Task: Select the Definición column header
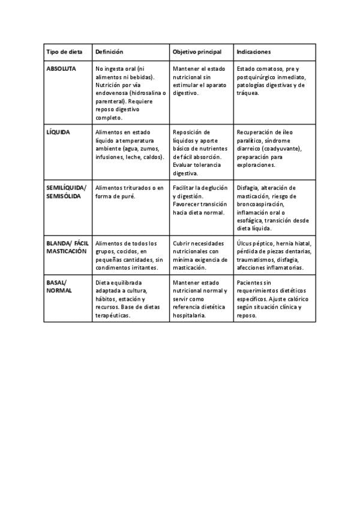[109, 52]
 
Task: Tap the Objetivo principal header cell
[197, 52]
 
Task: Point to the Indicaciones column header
[254, 52]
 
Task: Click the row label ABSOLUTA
[61, 69]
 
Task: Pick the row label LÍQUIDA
[58, 132]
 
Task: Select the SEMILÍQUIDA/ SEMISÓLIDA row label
[65, 192]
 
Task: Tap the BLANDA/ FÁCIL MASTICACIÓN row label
[67, 247]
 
